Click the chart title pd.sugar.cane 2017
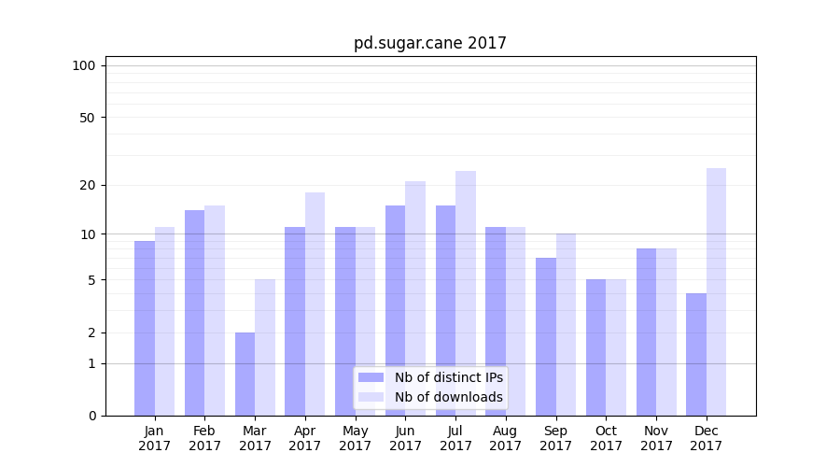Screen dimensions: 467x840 [429, 43]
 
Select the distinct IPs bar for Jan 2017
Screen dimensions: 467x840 [145, 328]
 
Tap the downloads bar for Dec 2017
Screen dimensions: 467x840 [716, 291]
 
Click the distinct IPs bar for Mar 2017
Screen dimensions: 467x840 [245, 374]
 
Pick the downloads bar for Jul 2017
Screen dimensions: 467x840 [466, 293]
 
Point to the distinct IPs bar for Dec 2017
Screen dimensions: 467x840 [696, 354]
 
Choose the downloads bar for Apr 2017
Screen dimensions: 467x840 [315, 304]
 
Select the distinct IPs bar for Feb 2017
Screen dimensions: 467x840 [194, 313]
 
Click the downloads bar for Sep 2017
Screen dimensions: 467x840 [566, 324]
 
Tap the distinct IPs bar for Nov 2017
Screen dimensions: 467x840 [646, 332]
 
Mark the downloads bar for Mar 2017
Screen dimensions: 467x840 [265, 347]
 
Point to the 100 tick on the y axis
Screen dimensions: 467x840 [84, 65]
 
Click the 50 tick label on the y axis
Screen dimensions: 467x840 [87, 118]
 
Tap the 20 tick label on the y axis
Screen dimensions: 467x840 [87, 185]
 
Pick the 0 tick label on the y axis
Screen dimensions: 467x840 [91, 416]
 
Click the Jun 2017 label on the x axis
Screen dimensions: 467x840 [405, 438]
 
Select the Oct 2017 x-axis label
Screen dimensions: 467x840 [606, 438]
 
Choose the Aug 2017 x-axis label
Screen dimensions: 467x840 [506, 438]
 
